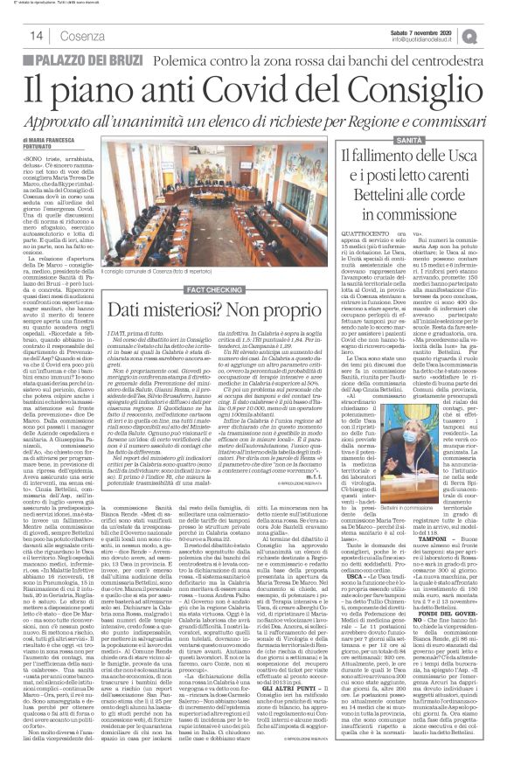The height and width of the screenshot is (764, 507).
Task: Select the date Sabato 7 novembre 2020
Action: (419, 31)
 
